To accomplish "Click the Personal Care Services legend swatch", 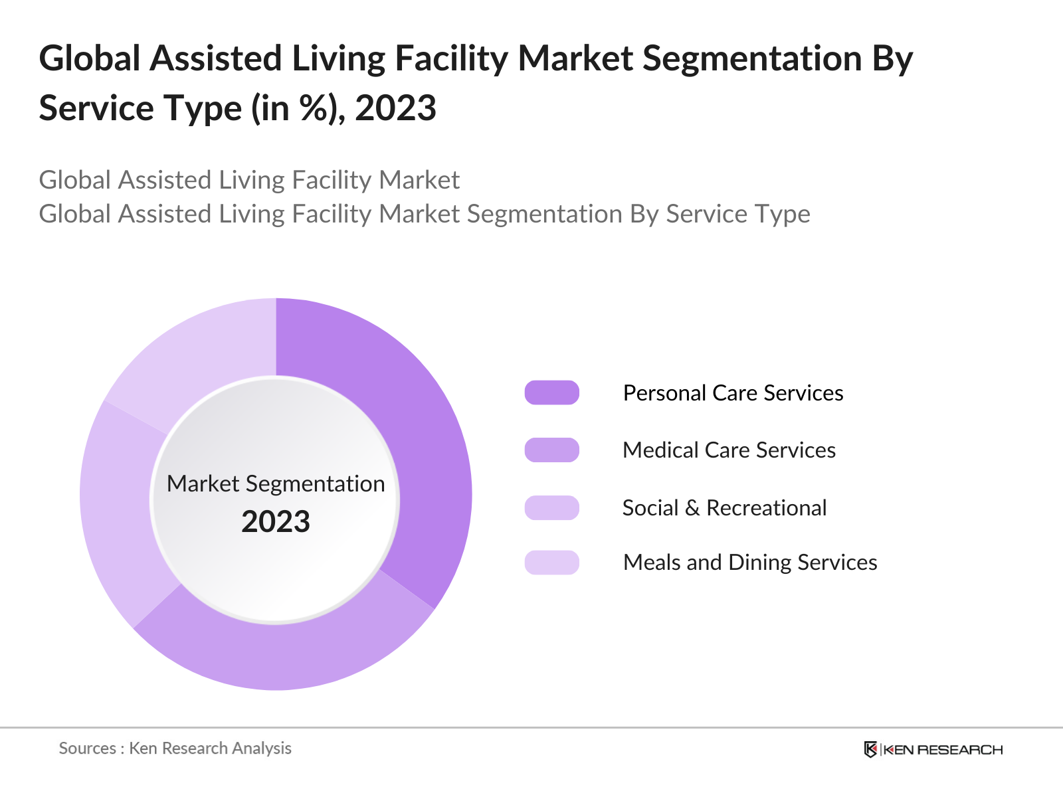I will [x=551, y=393].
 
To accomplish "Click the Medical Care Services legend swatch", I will [x=551, y=450].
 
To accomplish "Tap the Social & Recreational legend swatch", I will [x=551, y=508].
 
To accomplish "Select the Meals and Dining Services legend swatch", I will [x=551, y=563].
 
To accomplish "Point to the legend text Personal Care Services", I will [x=733, y=393].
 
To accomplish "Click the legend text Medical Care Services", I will [x=729, y=450].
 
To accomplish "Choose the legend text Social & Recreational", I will [x=724, y=508].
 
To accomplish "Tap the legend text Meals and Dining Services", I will [x=749, y=563].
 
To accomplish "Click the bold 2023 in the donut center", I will [x=276, y=522].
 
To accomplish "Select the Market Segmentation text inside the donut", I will [x=276, y=484].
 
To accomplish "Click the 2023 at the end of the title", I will [x=395, y=108].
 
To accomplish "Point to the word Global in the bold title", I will [x=90, y=58].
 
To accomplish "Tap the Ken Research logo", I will [x=933, y=749].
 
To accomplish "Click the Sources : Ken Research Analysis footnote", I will [x=175, y=749].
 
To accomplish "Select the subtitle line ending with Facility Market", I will [x=249, y=180].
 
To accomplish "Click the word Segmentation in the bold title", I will [x=752, y=58].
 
